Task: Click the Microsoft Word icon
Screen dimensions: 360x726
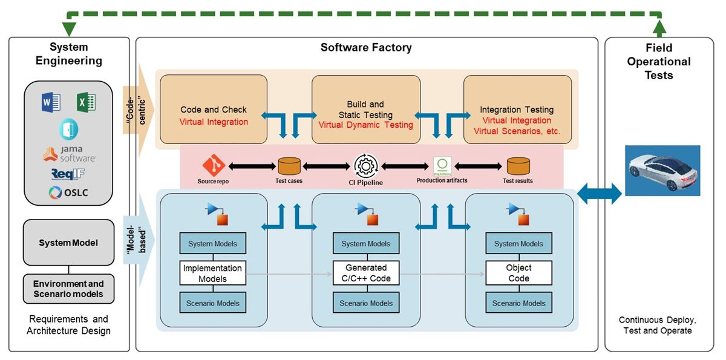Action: coord(51,103)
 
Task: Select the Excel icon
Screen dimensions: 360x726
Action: coord(87,103)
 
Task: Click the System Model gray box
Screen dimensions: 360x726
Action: coord(68,243)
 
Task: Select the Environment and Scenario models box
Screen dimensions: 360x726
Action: coord(68,289)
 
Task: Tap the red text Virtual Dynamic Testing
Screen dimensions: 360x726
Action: coord(366,125)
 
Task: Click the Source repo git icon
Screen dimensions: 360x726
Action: coord(214,165)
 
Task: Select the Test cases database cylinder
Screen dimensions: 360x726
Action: coord(289,166)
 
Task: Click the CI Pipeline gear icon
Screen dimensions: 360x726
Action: coord(365,166)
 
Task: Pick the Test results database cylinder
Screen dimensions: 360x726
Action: coord(518,166)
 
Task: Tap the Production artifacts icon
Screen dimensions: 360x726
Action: coord(442,166)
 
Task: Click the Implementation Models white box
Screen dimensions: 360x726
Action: coord(212,273)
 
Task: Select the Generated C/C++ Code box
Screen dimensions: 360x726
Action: coord(366,273)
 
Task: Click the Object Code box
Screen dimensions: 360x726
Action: coord(518,273)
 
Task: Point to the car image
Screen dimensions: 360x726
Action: coord(662,170)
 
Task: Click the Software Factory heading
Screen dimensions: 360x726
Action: coord(366,48)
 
